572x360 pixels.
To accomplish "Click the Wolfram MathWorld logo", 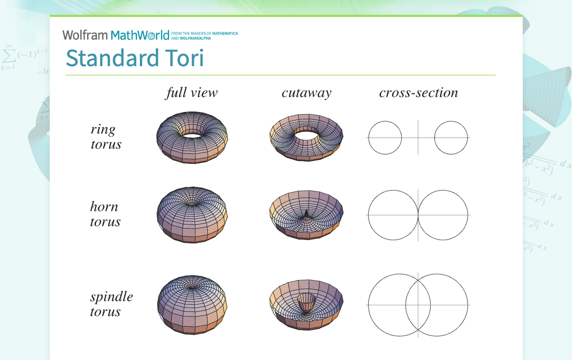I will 115,35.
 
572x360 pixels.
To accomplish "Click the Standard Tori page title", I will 135,58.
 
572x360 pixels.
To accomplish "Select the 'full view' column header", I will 191,93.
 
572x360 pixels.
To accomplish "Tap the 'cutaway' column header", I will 306,93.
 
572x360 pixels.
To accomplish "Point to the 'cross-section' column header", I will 418,93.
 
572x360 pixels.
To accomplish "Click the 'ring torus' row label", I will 105,137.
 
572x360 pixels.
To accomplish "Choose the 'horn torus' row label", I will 105,214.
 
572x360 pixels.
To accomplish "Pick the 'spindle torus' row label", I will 111,304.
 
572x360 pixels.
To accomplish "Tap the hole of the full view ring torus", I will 192,134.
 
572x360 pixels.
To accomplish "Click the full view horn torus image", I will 192,216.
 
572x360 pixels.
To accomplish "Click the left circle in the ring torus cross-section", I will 384,137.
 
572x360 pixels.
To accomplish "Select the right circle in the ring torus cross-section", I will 451,137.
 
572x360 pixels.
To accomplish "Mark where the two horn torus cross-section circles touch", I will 418,215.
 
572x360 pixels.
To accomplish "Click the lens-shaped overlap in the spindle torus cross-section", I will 418,304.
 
